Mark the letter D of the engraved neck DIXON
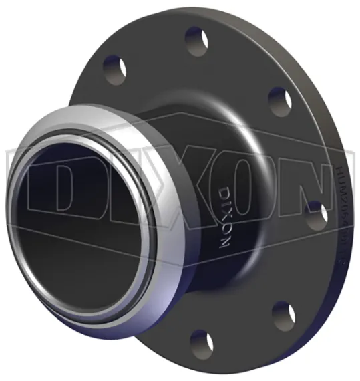click(x=224, y=189)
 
